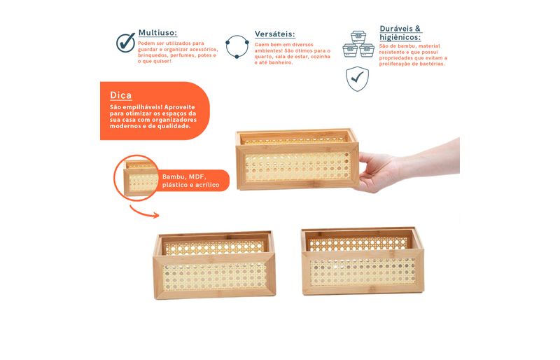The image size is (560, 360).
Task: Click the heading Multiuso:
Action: [157, 33]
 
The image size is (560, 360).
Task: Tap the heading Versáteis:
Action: [274, 34]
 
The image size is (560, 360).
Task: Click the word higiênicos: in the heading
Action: [400, 37]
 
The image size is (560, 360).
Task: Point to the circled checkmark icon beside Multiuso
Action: [125, 43]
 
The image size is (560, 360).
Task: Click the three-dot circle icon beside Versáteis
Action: [237, 46]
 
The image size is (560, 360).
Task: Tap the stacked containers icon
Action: [358, 44]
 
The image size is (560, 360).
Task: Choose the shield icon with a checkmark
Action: [357, 78]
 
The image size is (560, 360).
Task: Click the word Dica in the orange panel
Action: [120, 95]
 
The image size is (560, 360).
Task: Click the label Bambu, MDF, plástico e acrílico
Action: [190, 181]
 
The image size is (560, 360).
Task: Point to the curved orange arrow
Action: [143, 212]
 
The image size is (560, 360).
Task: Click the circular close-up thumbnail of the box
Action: [136, 178]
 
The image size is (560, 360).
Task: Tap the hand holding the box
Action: [408, 165]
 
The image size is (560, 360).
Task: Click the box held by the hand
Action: [297, 159]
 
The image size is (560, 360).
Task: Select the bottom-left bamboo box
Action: [214, 265]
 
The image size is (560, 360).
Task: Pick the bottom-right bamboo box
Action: [363, 261]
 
